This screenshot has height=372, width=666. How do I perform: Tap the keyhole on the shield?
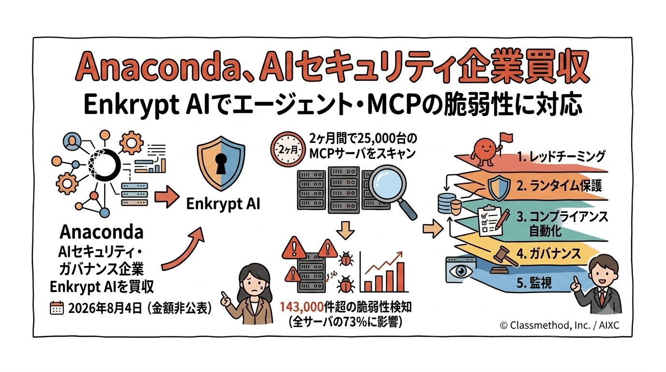click(221, 164)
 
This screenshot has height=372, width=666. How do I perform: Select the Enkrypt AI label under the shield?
click(223, 204)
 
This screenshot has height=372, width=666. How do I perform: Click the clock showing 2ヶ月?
click(287, 149)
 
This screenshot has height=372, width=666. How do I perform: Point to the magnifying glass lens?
click(387, 183)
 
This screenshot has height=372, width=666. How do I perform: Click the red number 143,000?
click(302, 307)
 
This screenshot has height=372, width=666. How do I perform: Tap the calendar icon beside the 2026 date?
click(57, 308)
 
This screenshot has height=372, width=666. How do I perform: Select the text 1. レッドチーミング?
click(560, 156)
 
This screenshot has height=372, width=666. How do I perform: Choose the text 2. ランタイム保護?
click(559, 186)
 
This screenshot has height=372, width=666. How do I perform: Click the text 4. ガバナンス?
click(548, 253)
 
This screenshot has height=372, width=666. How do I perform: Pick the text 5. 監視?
click(534, 283)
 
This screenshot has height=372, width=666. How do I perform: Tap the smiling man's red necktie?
click(601, 298)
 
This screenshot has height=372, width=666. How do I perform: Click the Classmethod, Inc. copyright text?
click(559, 325)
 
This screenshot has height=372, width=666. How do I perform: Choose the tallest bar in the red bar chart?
click(400, 277)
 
